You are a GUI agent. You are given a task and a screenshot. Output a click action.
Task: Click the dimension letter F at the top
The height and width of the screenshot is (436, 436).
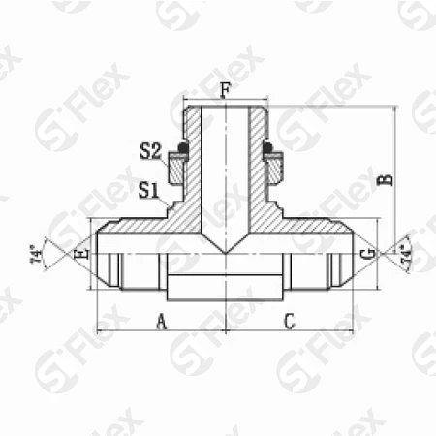(225, 90)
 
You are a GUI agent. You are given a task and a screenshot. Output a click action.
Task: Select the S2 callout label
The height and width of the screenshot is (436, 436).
(150, 151)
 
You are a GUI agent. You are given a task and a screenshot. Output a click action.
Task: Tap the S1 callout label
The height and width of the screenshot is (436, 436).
(148, 190)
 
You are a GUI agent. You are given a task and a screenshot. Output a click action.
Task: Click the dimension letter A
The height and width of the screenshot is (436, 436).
(162, 322)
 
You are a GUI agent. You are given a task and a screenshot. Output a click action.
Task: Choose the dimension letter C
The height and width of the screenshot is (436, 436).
(290, 321)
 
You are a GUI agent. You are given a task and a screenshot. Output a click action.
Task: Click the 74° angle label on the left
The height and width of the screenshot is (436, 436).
(37, 256)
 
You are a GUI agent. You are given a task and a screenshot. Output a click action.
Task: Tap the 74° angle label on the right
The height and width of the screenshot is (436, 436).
(406, 254)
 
